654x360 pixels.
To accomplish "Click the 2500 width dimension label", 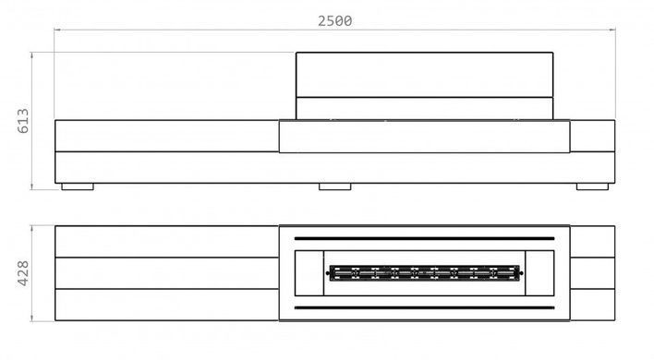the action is (335, 21).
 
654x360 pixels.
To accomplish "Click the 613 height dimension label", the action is (23, 121).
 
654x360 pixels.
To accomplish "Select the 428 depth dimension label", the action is (23, 273).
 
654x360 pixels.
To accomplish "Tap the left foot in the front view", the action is (78, 186).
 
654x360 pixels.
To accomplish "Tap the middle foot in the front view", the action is (335, 186).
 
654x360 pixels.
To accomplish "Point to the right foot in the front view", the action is (592, 186).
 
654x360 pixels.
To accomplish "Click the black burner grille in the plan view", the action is (425, 273).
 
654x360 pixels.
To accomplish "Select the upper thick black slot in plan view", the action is (425, 239).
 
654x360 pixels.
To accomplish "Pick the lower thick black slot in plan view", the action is (425, 308).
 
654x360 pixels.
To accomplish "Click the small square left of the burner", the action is (309, 273).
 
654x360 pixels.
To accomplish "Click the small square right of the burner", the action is (539, 273).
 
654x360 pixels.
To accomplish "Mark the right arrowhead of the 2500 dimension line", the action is (612, 30).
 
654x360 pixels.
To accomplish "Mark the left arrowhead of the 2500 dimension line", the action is (58, 30).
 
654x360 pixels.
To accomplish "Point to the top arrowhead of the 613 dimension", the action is (31, 55).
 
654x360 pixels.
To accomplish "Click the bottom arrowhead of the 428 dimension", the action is (31, 318).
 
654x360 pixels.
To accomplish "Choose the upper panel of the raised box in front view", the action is (425, 75).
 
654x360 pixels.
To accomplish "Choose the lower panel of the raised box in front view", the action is (425, 108).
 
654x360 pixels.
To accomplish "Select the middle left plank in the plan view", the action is (167, 273).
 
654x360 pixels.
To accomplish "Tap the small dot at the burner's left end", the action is (327, 273).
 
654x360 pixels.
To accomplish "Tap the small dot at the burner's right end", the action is (522, 273).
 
